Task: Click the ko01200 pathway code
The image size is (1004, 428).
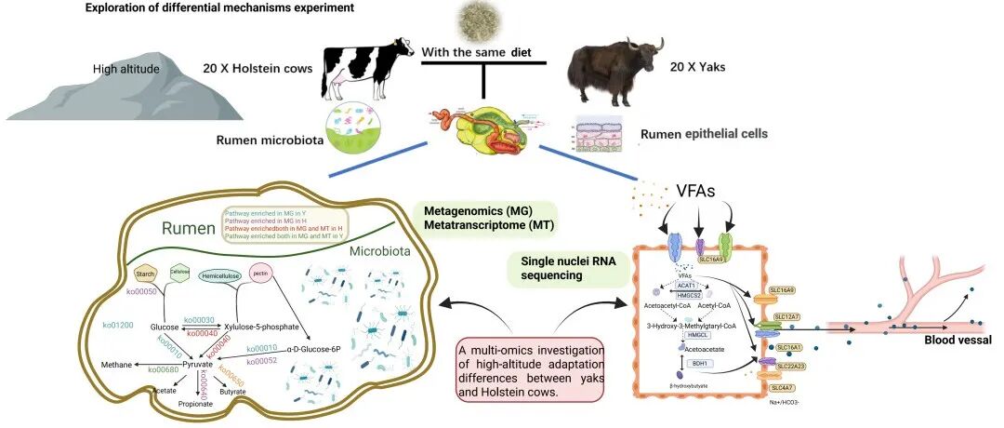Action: tap(117, 325)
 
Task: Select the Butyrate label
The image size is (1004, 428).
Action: tap(232, 392)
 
